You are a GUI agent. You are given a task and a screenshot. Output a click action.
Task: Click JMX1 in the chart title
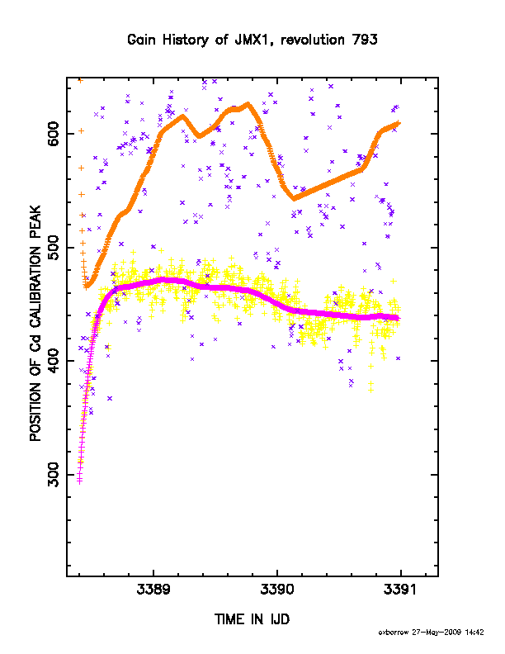coord(251,40)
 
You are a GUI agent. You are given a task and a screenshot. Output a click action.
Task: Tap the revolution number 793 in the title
coord(365,40)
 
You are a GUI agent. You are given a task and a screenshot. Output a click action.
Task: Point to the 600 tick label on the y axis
coord(54,134)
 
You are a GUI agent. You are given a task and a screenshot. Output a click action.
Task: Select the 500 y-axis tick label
coord(54,248)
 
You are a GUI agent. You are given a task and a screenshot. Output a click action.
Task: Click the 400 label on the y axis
coord(54,361)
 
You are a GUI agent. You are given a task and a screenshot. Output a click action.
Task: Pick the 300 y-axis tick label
coord(54,475)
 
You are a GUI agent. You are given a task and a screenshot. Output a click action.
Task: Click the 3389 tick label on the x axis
coord(153,590)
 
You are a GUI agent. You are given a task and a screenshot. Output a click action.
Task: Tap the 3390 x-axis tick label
coord(277,590)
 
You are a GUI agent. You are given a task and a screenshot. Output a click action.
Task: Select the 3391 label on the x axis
coord(400,590)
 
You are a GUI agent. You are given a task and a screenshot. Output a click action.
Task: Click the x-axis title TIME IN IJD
coord(252,619)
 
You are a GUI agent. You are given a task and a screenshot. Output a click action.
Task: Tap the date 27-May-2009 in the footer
coord(437,633)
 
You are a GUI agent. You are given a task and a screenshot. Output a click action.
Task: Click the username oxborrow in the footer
coord(394,633)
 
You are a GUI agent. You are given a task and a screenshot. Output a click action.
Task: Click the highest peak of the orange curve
coord(248,103)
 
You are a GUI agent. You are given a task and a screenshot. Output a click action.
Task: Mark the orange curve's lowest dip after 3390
coord(294,198)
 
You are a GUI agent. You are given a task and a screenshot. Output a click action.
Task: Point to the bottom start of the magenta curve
coord(79,481)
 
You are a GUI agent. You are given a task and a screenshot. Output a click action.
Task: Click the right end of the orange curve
coord(399,123)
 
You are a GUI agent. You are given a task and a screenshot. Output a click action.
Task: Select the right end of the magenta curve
coord(398,318)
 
